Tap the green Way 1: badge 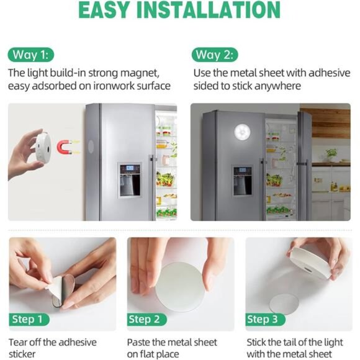30,54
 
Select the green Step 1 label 30,320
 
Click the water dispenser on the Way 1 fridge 129,181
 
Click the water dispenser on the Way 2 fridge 242,181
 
